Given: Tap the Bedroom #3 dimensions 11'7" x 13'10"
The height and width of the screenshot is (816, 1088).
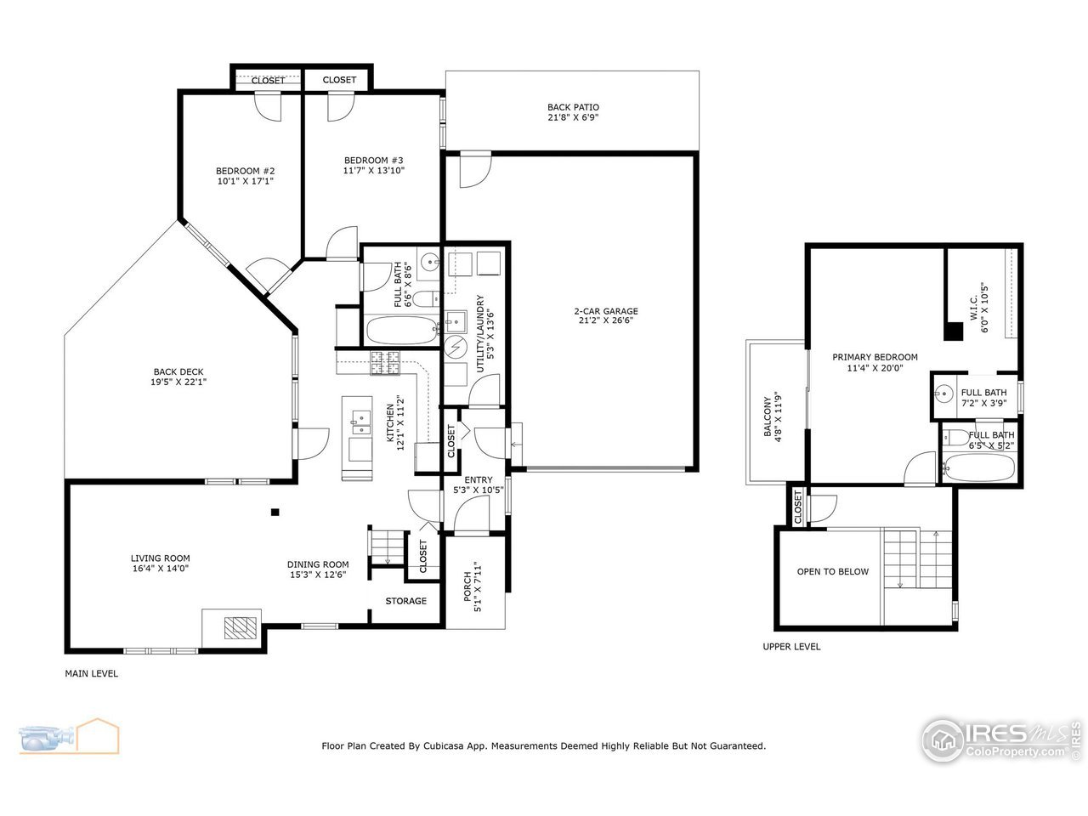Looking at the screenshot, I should coord(373,170).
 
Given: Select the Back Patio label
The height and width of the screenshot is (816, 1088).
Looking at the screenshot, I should coord(573,107).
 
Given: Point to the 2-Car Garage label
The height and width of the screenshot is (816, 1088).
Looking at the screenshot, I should coord(605,311).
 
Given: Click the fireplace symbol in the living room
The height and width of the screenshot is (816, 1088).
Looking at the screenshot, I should coord(240,627).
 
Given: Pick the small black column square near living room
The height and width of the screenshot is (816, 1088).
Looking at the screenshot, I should coord(275,512).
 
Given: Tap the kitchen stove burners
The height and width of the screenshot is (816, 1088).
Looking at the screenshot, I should coord(385,363).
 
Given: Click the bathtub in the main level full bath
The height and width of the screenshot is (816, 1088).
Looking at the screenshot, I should coord(399,330).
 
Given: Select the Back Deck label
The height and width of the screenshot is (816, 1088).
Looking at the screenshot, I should coord(178,371).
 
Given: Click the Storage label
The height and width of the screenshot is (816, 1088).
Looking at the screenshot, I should coord(405,601).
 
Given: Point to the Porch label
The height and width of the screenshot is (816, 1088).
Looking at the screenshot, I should coord(467,586).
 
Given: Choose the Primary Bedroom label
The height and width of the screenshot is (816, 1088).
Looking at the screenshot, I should coord(875,357).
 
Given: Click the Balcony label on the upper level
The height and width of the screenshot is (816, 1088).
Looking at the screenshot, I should coord(767,416).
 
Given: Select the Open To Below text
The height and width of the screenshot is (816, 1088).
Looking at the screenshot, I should coord(832,571).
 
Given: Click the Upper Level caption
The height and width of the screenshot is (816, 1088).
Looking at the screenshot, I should coord(791,647).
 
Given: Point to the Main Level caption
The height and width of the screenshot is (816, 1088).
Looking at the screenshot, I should coord(92,674).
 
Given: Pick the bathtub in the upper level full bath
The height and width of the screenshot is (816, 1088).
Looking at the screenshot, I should coord(978,467).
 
